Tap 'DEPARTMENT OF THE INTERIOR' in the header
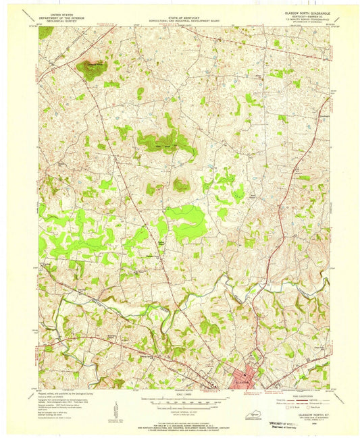pyautogui.click(x=62, y=15)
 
